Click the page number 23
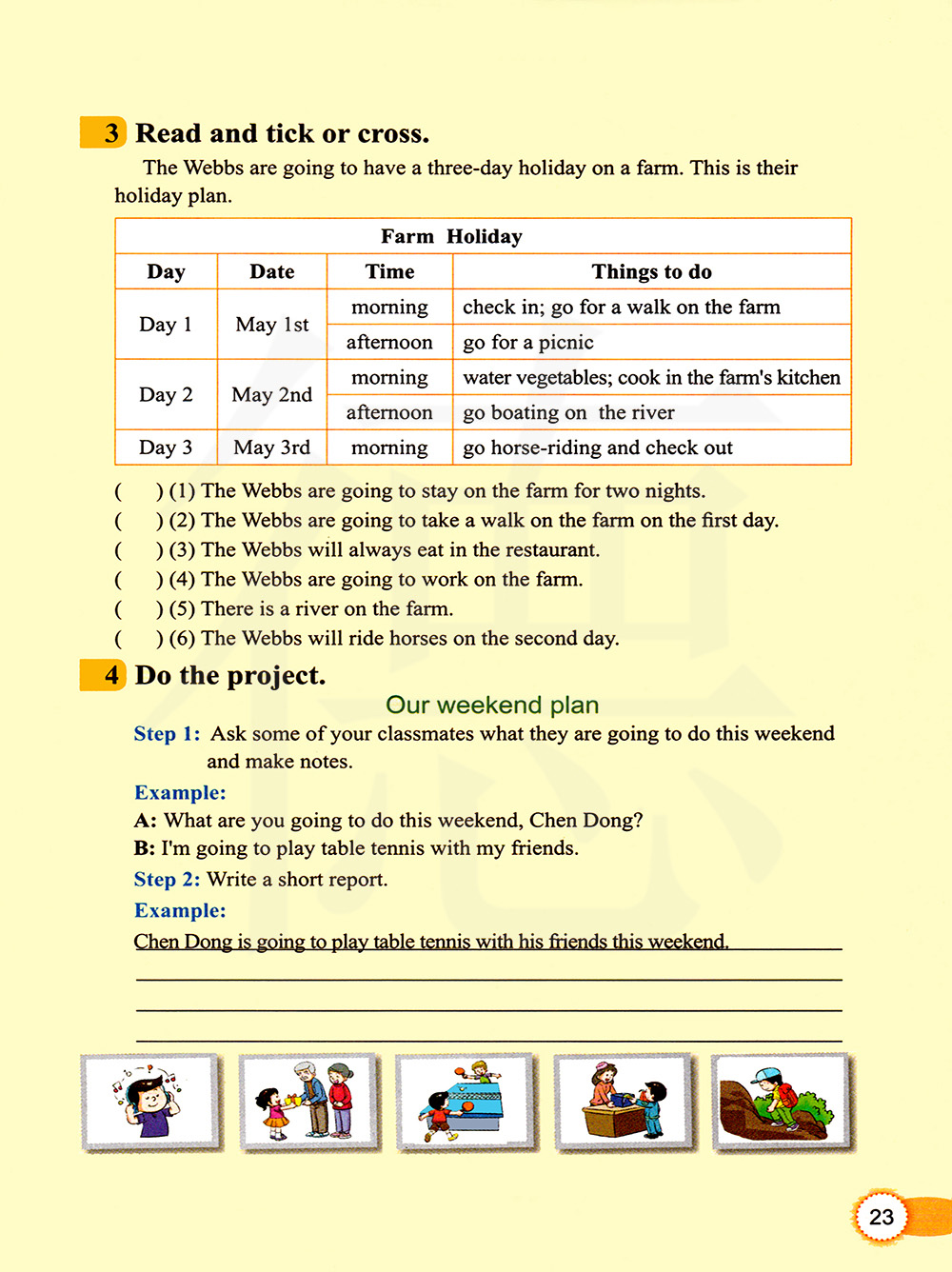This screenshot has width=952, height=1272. click(x=882, y=1217)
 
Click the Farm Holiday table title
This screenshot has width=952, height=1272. click(x=451, y=236)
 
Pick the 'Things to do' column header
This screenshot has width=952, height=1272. click(x=651, y=271)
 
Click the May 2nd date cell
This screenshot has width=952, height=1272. click(x=271, y=394)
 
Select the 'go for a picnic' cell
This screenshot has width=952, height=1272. click(x=528, y=342)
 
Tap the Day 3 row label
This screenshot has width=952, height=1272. click(x=166, y=447)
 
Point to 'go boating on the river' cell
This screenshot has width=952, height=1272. click(x=568, y=412)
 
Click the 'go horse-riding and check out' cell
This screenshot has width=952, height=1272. click(x=598, y=447)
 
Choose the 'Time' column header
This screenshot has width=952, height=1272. click(x=389, y=271)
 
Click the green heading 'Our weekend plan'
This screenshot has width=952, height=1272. click(x=492, y=705)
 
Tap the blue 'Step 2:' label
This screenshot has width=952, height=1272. click(x=167, y=879)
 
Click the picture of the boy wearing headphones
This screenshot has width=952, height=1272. click(x=150, y=1102)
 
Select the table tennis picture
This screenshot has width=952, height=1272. click(x=466, y=1102)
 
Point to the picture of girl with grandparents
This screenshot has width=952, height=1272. click(x=308, y=1102)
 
